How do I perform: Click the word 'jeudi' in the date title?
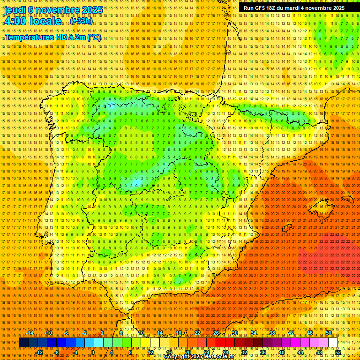click(x=15, y=10)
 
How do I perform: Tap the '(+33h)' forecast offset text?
click(x=81, y=21)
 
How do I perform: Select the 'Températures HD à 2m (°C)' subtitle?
click(x=52, y=37)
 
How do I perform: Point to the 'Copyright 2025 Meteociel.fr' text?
click(x=205, y=357)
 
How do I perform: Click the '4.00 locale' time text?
click(x=32, y=21)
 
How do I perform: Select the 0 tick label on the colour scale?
click(x=93, y=352)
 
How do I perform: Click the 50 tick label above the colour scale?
click(x=329, y=333)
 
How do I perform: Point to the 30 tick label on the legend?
click(x=234, y=333)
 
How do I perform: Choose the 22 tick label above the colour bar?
click(x=197, y=333)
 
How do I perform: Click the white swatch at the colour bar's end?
click(x=333, y=343)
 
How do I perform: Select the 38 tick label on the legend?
click(x=272, y=333)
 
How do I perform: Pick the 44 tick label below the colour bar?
click(x=300, y=352)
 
